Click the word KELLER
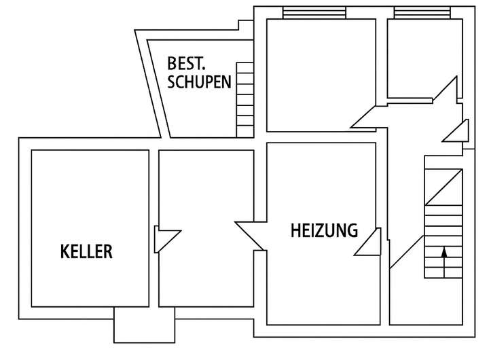click(86, 252)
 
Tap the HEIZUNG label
click(324, 231)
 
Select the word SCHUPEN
click(199, 83)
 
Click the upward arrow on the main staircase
click(444, 262)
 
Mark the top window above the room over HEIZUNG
click(314, 13)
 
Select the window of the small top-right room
click(422, 13)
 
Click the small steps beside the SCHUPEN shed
click(244, 98)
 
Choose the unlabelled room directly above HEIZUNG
click(321, 75)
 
